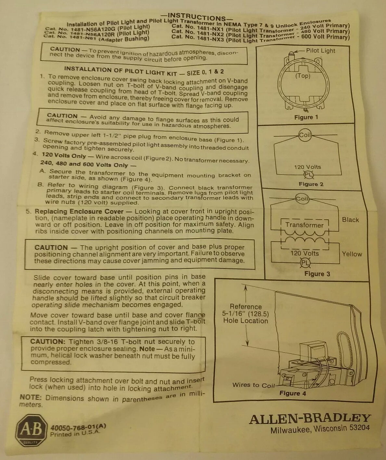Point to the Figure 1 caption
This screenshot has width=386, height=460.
pyautogui.click(x=306, y=117)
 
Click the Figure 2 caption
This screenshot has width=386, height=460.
pyautogui.click(x=311, y=184)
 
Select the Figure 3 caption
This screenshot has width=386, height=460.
pyautogui.click(x=317, y=274)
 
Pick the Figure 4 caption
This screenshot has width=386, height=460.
pyautogui.click(x=293, y=393)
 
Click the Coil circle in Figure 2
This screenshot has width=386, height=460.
pyautogui.click(x=305, y=135)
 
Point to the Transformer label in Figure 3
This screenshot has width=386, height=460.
pyautogui.click(x=304, y=225)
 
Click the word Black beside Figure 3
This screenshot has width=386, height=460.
pyautogui.click(x=350, y=220)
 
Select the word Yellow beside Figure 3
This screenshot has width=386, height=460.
pyautogui.click(x=352, y=254)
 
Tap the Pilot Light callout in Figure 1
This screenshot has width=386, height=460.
pyautogui.click(x=320, y=51)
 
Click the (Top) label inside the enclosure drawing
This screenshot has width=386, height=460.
pyautogui.click(x=303, y=76)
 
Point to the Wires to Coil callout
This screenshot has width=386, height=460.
pyautogui.click(x=253, y=385)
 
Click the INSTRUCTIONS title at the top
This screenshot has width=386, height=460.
pyautogui.click(x=196, y=17)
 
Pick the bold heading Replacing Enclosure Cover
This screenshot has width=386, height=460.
pyautogui.click(x=79, y=212)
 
